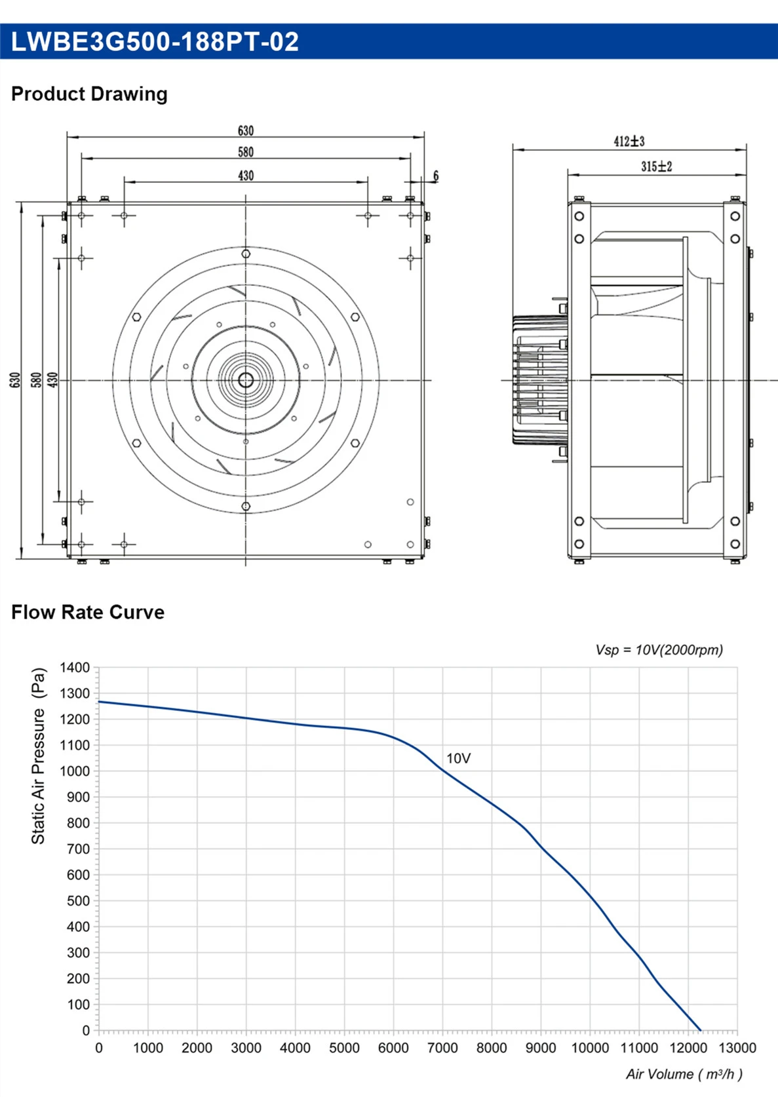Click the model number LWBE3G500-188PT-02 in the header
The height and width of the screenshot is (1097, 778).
(154, 42)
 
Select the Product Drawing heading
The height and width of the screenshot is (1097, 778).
(89, 94)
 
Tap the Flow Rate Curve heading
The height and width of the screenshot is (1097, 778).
(88, 612)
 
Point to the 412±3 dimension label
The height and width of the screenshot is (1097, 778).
(629, 142)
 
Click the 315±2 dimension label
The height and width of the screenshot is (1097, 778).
(657, 167)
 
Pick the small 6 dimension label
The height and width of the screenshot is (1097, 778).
(436, 176)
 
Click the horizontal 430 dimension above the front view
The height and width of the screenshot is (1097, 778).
(245, 176)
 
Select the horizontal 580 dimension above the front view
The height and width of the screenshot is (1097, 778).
(245, 152)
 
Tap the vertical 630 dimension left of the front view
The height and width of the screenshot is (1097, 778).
(15, 380)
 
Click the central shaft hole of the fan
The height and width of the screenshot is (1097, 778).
(245, 380)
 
